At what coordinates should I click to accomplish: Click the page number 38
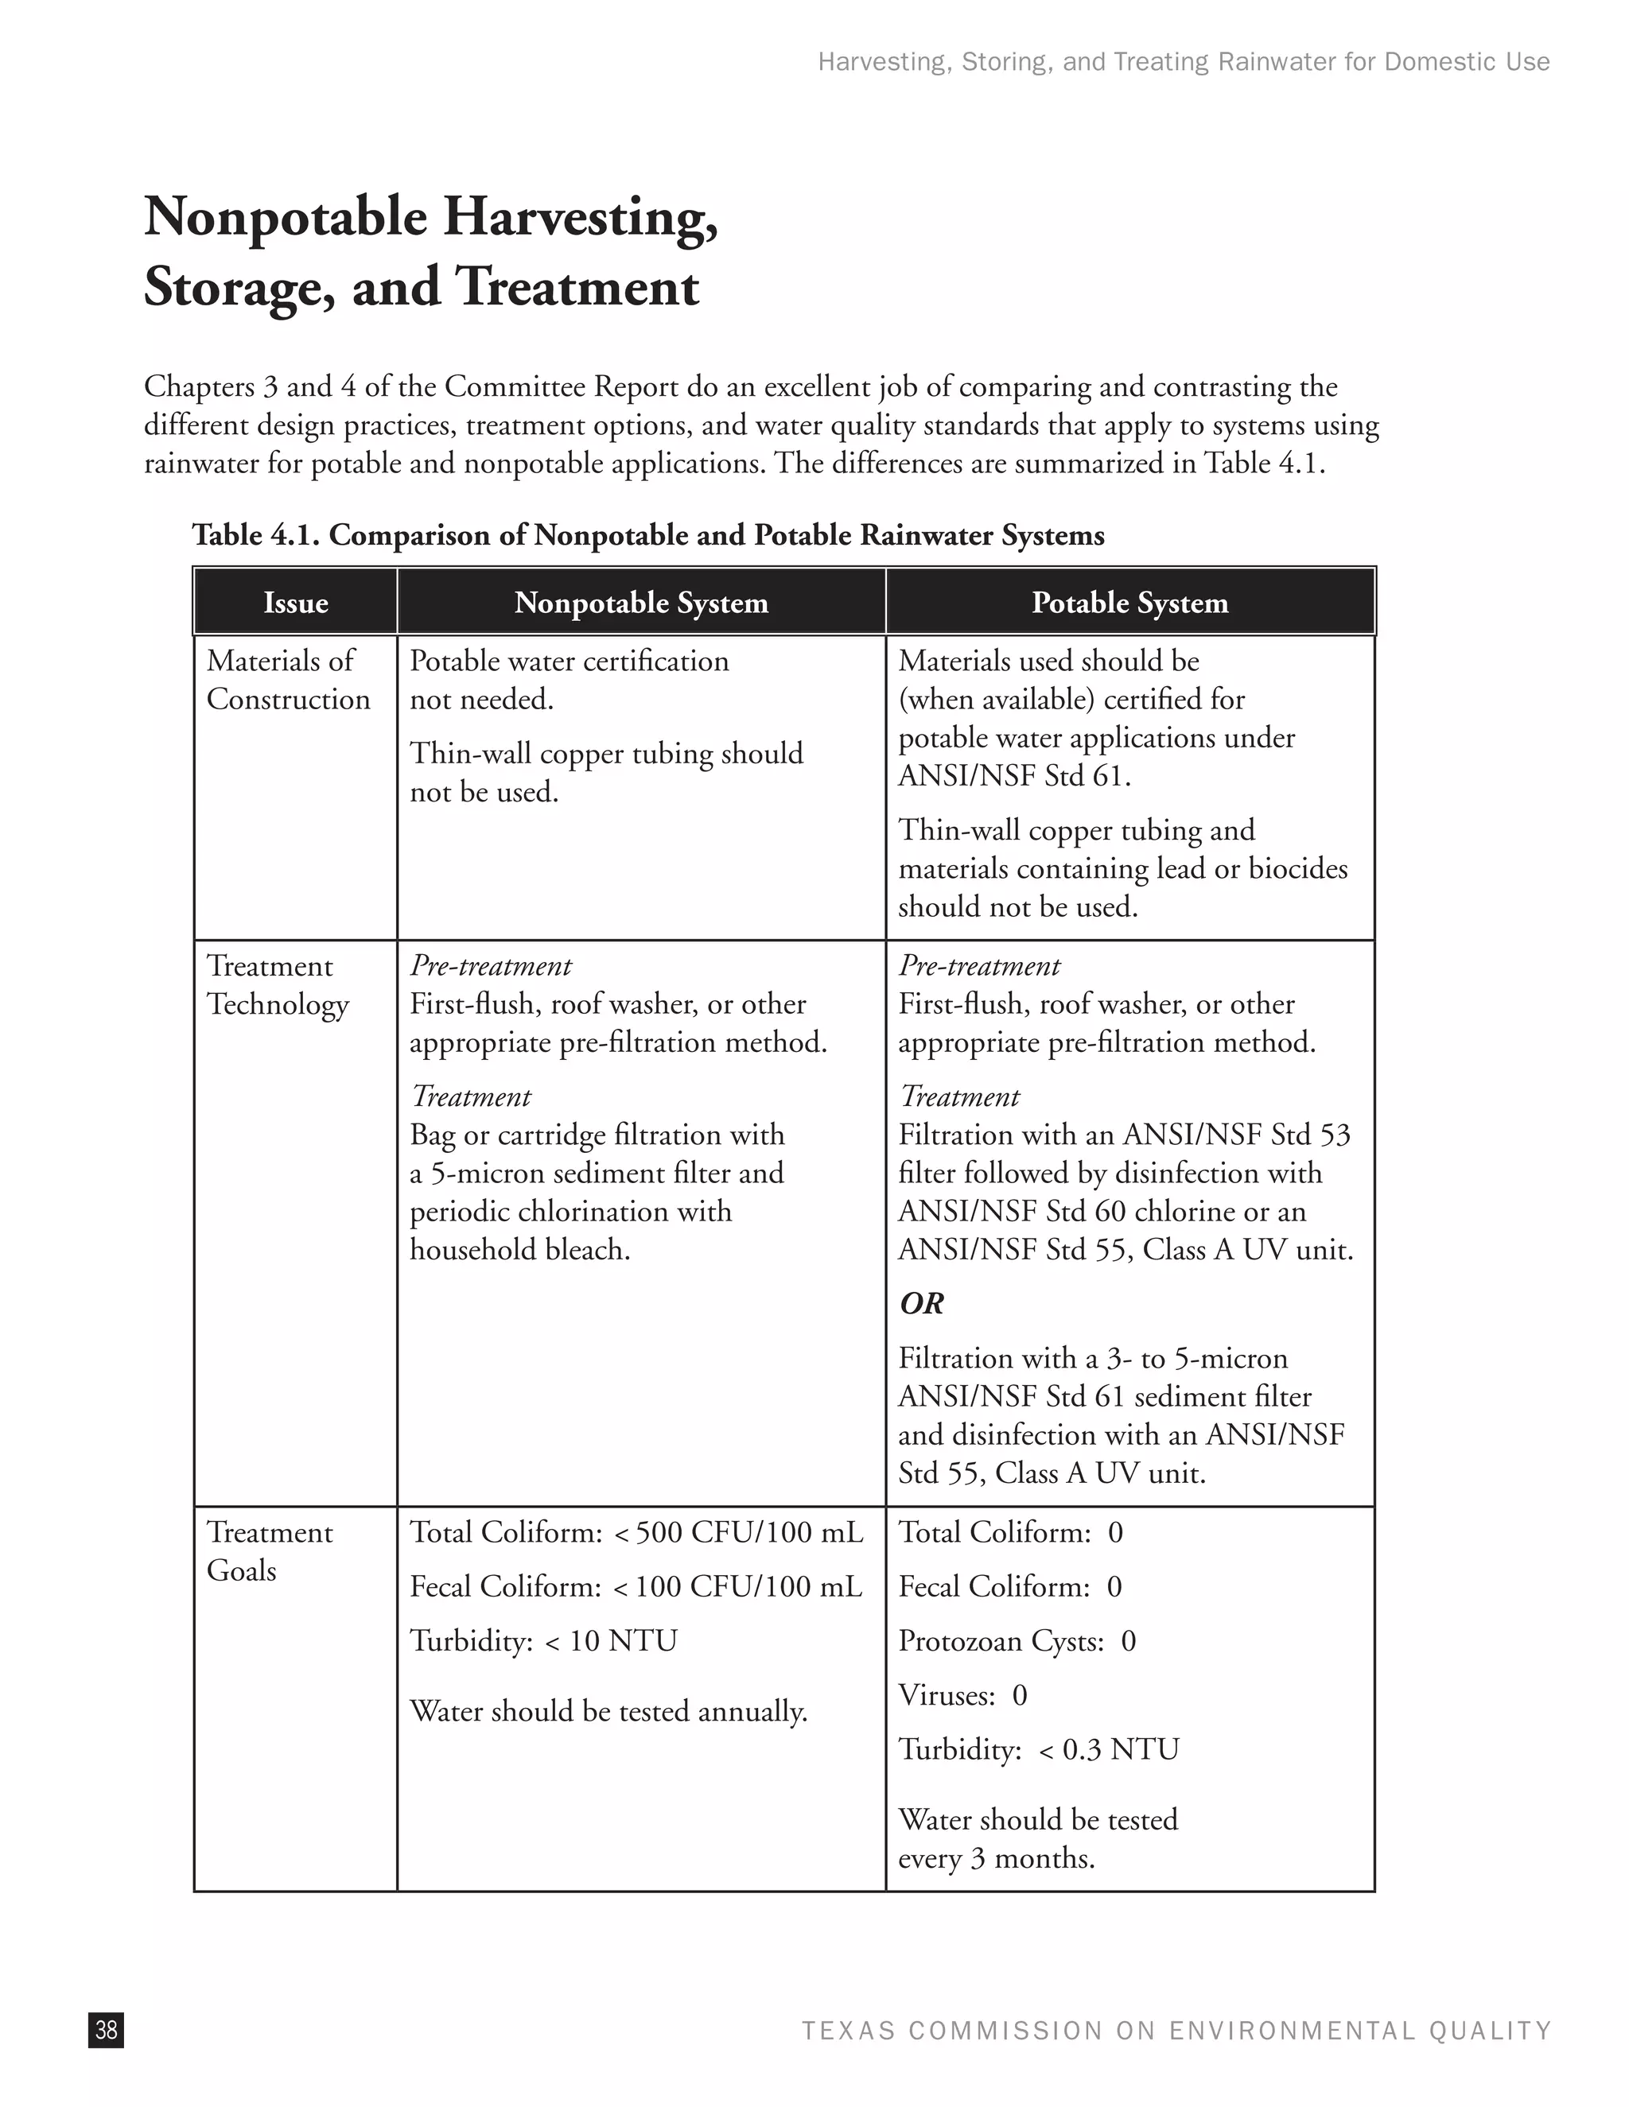(x=106, y=2030)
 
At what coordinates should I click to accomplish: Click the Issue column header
(x=295, y=603)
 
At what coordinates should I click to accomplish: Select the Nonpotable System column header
(x=641, y=603)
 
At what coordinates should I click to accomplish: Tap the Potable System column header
(x=1129, y=603)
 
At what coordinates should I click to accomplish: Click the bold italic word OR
(x=922, y=1304)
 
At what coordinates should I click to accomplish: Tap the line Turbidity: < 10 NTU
(x=543, y=1641)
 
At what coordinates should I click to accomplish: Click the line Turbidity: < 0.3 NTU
(x=1038, y=1749)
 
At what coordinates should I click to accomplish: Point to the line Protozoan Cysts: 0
(x=1017, y=1641)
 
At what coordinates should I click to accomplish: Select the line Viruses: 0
(x=962, y=1695)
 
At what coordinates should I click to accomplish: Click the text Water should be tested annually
(x=608, y=1712)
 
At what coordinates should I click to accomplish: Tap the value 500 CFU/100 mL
(x=748, y=1533)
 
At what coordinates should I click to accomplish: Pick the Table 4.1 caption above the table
(x=647, y=534)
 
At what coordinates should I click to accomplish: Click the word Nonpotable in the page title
(x=286, y=217)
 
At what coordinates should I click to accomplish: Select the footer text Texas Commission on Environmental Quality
(x=1176, y=2031)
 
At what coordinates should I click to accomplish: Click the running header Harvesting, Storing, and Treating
(x=1183, y=62)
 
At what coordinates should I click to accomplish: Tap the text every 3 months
(x=996, y=1858)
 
